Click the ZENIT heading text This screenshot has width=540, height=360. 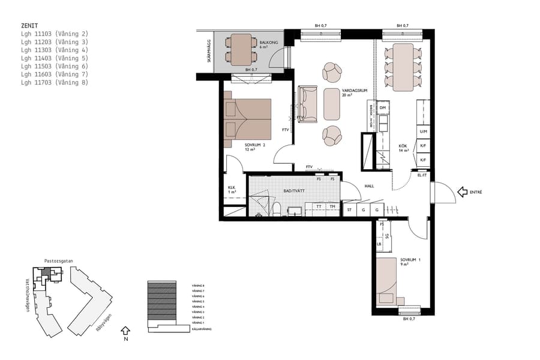pos(29,26)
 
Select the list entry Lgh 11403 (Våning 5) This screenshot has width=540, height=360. pos(54,58)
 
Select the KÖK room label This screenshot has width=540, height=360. pos(403,146)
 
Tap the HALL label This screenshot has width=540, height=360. pos(369,186)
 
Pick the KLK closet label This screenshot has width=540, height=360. pos(232,188)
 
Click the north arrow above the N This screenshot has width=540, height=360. pos(125,330)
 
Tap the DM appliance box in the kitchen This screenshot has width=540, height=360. pos(382,109)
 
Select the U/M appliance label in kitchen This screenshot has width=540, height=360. pos(423,131)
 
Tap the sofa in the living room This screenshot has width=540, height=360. pos(309,103)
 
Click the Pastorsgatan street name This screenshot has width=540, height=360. pos(58,261)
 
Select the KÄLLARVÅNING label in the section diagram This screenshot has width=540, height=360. pos(202,329)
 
